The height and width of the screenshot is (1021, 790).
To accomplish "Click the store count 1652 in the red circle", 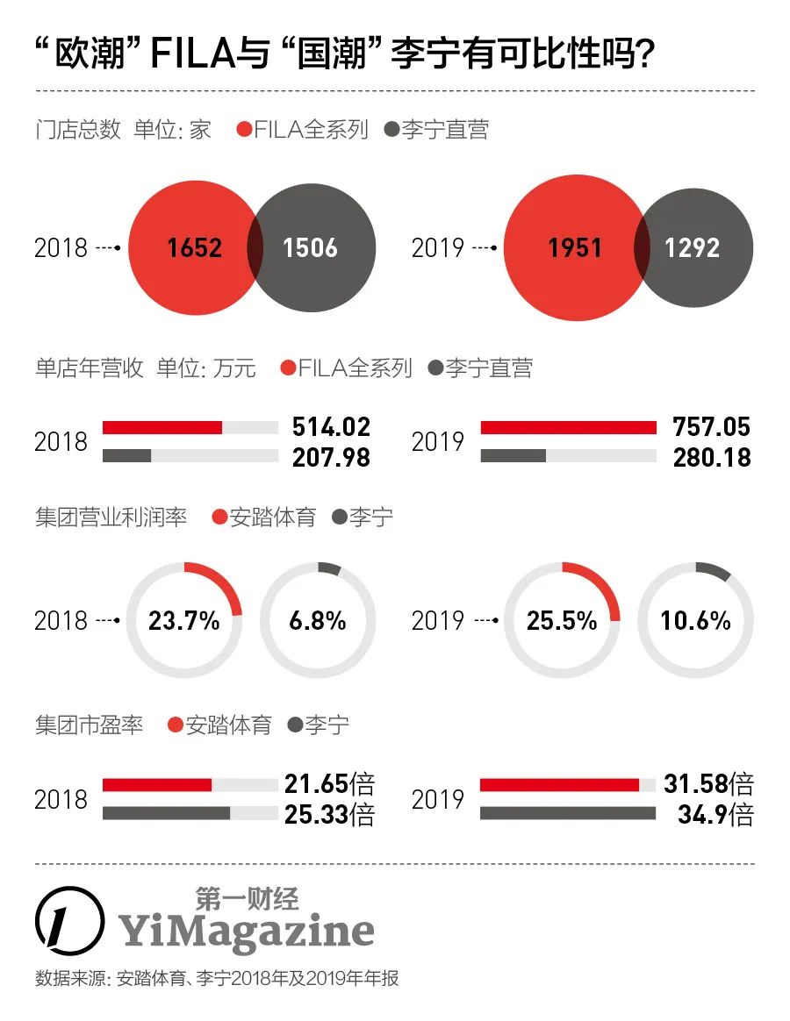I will (195, 247).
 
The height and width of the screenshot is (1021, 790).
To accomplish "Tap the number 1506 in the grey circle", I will (310, 247).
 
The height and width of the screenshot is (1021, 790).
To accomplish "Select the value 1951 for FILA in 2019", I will (575, 248).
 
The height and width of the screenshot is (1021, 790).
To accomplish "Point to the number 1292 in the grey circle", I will (692, 248).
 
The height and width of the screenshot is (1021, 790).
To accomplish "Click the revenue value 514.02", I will (331, 427).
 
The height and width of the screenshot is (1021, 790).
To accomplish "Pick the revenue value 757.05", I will (711, 427).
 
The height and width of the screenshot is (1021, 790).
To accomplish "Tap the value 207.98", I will (331, 457).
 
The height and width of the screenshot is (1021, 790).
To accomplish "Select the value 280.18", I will (711, 457).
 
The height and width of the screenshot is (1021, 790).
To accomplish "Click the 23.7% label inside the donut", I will (183, 621).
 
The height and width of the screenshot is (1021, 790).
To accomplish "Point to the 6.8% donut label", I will (317, 621).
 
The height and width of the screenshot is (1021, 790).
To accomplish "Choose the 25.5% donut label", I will (562, 621).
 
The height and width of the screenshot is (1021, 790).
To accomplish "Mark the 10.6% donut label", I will (695, 621).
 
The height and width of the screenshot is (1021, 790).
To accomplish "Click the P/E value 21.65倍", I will (329, 784).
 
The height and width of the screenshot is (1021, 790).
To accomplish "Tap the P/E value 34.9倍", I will (715, 816).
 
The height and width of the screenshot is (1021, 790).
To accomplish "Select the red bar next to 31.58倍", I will (559, 785).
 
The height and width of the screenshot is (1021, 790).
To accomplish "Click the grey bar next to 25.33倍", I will (166, 813).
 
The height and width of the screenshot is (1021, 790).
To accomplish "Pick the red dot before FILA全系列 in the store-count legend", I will (245, 131).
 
